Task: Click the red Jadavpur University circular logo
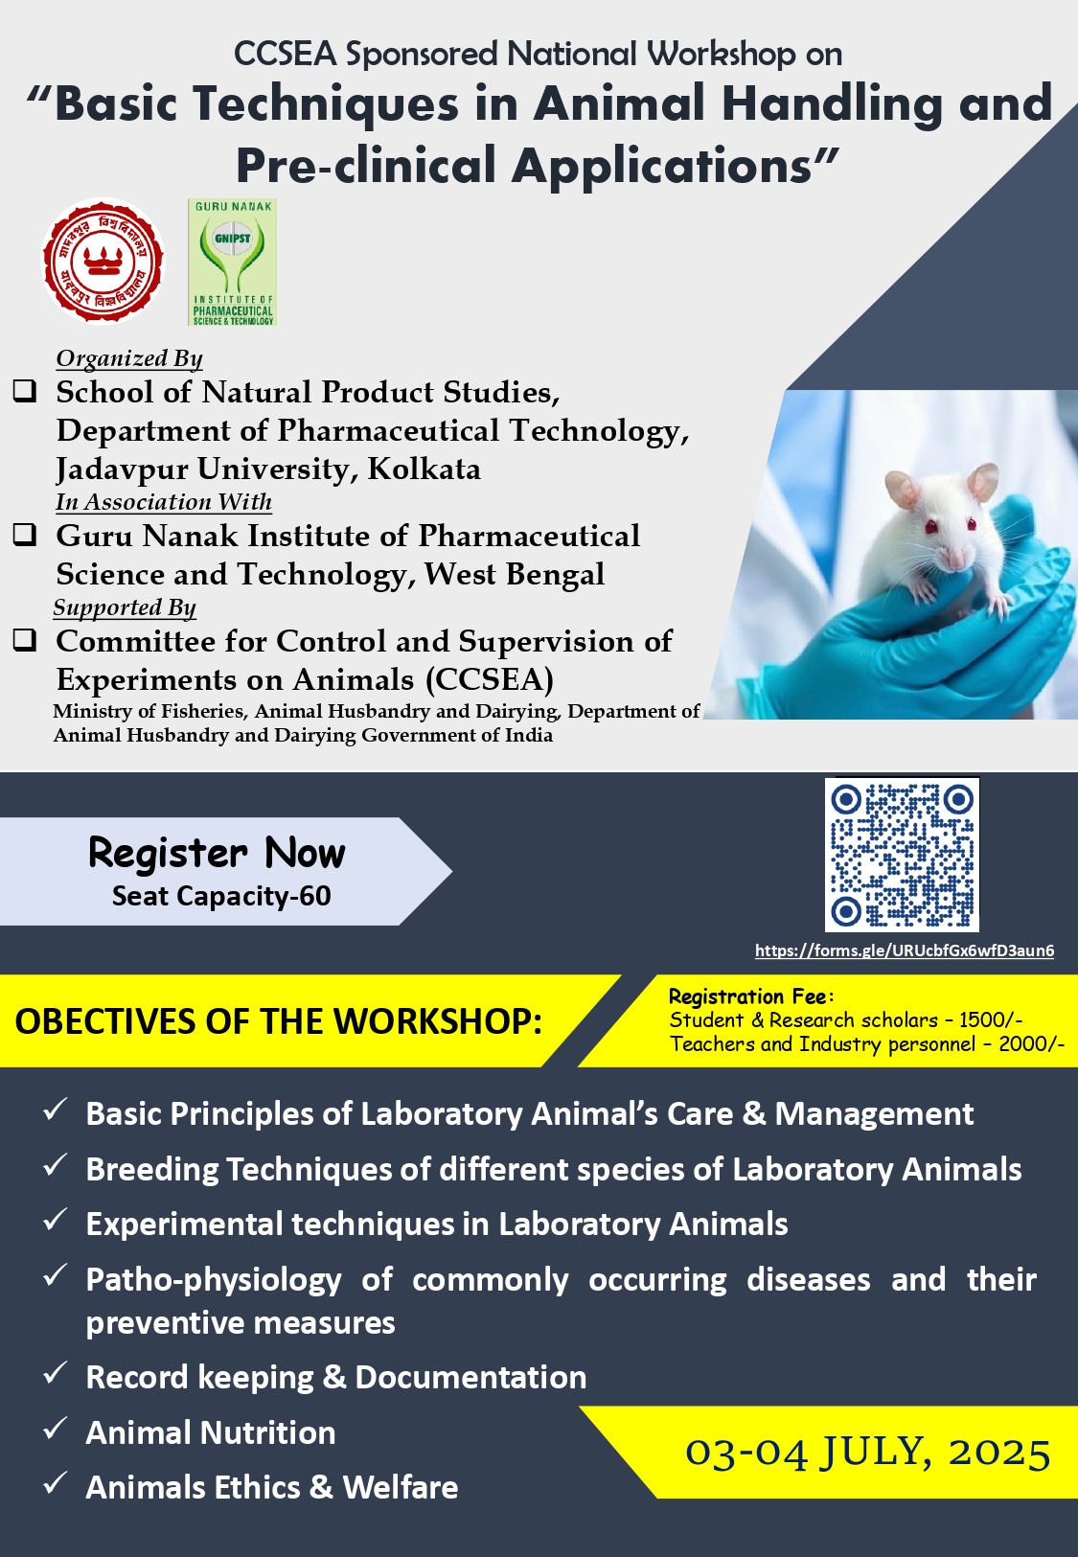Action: (x=103, y=262)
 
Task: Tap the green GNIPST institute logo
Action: (x=233, y=263)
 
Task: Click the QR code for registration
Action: (x=902, y=855)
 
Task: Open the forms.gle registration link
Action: (x=904, y=950)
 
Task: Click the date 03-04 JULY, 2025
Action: (x=867, y=1453)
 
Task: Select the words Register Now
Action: (x=217, y=853)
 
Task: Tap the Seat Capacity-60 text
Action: (x=221, y=896)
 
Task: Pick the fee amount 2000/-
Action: (x=1031, y=1044)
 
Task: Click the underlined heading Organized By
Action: (x=129, y=358)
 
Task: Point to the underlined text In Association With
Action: (x=164, y=502)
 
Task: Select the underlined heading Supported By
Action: (x=125, y=607)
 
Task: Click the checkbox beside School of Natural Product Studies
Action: (x=25, y=391)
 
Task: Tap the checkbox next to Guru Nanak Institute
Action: (x=25, y=535)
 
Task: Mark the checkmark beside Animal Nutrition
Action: (x=55, y=1430)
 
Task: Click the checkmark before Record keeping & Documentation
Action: (x=55, y=1374)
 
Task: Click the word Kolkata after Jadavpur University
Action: (x=424, y=469)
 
